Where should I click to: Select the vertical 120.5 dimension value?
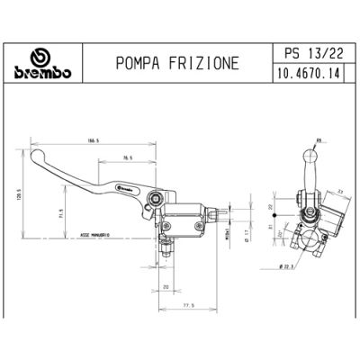(x=17, y=193)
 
